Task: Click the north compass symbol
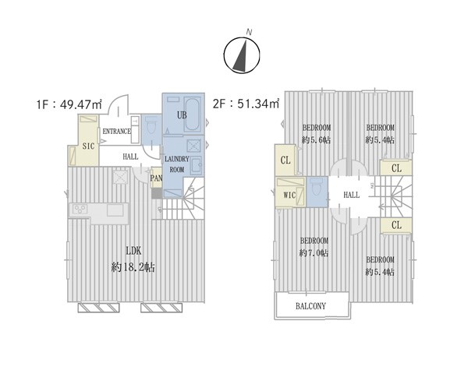point(242,55)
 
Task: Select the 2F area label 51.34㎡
point(246,104)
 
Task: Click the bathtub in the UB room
point(192,115)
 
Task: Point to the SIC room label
point(88,146)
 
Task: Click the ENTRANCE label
point(117,131)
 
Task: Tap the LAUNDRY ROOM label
point(177,164)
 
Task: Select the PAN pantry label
point(156,178)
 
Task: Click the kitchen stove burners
point(80,209)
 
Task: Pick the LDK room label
point(133,251)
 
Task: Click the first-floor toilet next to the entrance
point(151,125)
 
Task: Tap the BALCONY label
point(310,306)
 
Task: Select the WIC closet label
point(289,196)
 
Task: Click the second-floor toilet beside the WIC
point(317,187)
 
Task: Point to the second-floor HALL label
point(351,195)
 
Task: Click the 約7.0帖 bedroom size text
point(314,253)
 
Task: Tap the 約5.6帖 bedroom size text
point(317,139)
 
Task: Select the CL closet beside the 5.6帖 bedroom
point(285,160)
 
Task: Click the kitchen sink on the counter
point(115,210)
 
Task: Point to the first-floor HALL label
point(130,157)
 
